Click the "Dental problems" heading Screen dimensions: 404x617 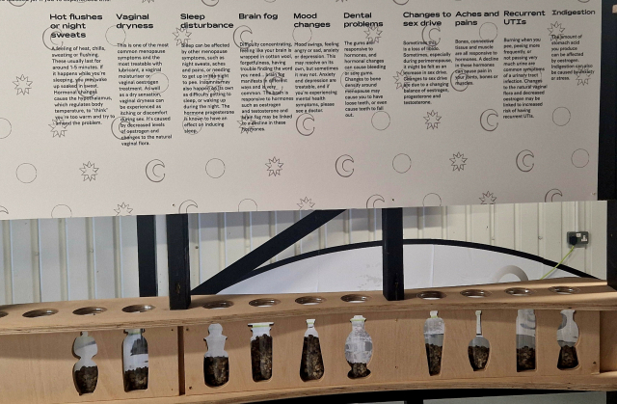point(362,21)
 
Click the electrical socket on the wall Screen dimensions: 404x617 point(577,238)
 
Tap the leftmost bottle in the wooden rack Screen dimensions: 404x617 point(86,363)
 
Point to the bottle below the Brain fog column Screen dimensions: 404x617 point(261,351)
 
